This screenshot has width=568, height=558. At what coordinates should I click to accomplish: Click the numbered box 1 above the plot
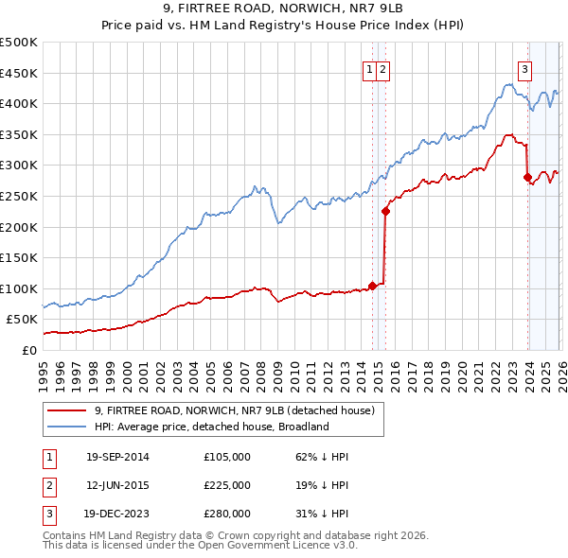tap(368, 68)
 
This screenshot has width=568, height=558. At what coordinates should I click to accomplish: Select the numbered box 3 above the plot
tap(524, 68)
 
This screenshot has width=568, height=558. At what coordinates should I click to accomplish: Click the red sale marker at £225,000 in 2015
tap(385, 211)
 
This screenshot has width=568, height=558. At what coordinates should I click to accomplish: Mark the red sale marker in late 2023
tap(527, 177)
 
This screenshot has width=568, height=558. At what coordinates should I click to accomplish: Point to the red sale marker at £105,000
tap(373, 285)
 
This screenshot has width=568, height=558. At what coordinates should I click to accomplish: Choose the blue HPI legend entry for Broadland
tap(210, 427)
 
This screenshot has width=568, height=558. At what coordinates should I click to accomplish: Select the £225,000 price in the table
tap(227, 485)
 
